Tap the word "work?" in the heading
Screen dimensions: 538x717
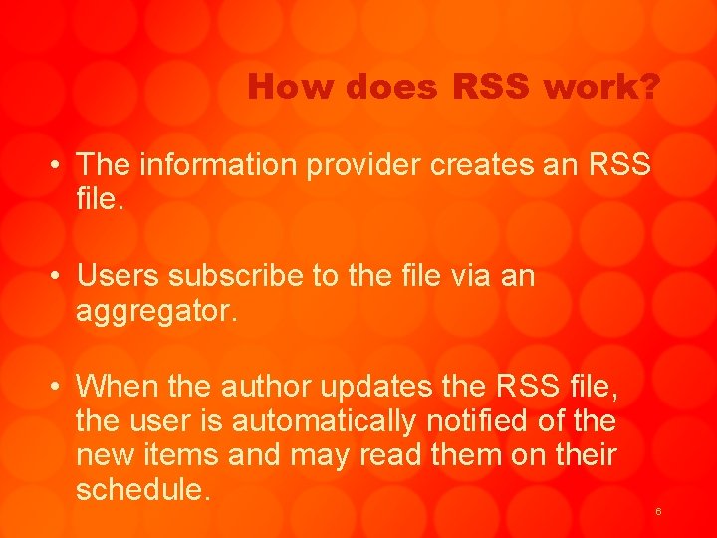tap(600, 88)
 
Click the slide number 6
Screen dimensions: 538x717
tap(658, 511)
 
